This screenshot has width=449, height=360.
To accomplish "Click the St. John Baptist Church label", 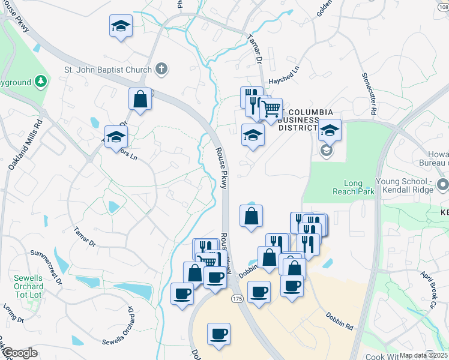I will coord(108,69).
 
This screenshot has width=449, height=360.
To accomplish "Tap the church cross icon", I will coord(161,68).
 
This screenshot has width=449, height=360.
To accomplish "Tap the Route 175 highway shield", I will coord(238,298).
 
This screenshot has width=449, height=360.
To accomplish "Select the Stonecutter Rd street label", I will coord(369,94).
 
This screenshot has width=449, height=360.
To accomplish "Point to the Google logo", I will coord(19,353).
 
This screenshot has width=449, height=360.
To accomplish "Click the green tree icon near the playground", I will coord(40,80).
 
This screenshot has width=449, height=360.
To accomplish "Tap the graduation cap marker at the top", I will coord(121,26).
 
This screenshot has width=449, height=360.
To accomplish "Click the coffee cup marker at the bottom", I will coord(219,333).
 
